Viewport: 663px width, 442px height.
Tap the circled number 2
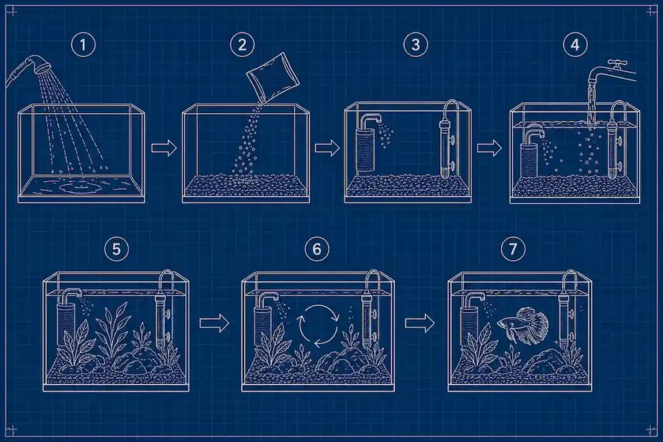pos(242,45)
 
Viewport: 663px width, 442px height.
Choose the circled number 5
pos(116,249)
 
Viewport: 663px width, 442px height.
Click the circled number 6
pos(317,249)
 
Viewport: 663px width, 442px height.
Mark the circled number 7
pos(513,249)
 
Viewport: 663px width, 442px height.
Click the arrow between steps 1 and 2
pos(164,148)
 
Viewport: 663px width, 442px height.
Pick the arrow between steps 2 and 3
pos(327,148)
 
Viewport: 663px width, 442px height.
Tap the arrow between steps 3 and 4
pos(489,148)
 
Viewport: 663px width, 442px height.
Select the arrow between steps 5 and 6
pos(214,324)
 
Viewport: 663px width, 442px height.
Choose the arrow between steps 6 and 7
pos(420,324)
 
